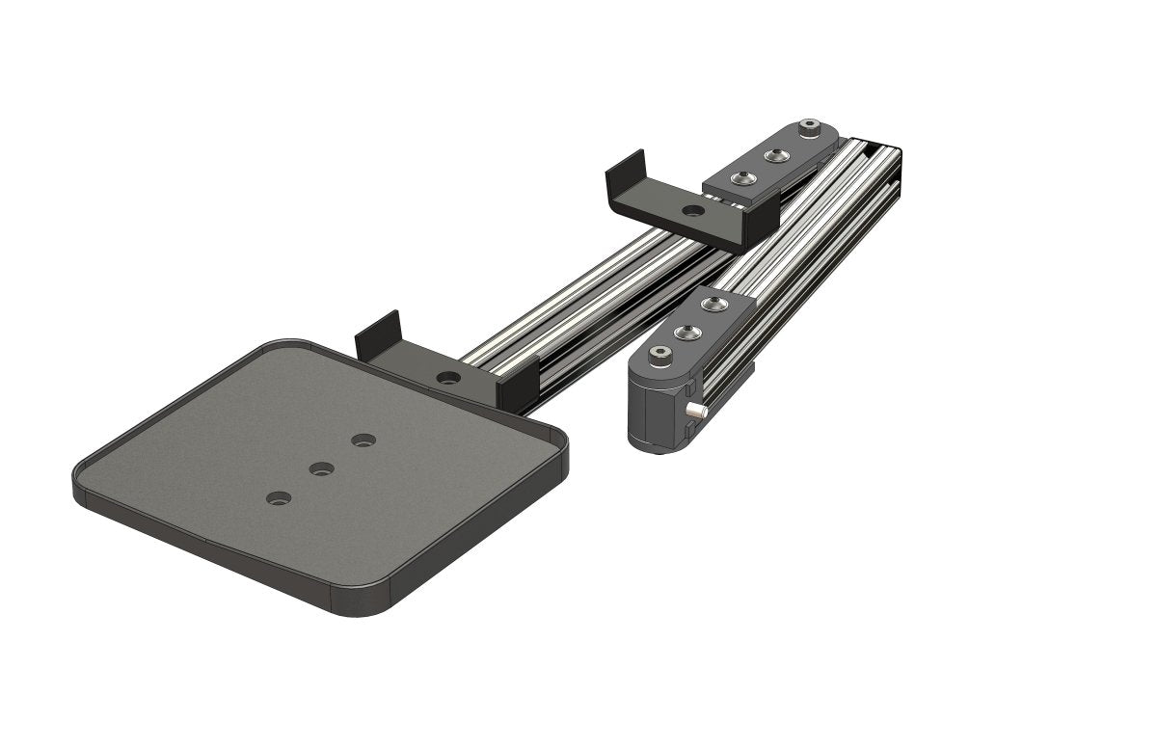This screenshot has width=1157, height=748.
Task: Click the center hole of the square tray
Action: [321, 469]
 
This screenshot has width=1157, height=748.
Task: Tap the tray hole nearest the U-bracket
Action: [363, 441]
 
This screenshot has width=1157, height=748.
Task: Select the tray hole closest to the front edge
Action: [279, 499]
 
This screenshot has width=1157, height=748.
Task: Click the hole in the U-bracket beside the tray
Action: [447, 376]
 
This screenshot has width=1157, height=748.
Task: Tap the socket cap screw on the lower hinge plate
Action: [659, 357]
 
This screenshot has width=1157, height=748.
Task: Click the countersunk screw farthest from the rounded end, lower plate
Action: [713, 305]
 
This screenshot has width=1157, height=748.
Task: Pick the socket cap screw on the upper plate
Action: [810, 127]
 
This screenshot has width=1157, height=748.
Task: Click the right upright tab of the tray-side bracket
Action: [519, 382]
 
